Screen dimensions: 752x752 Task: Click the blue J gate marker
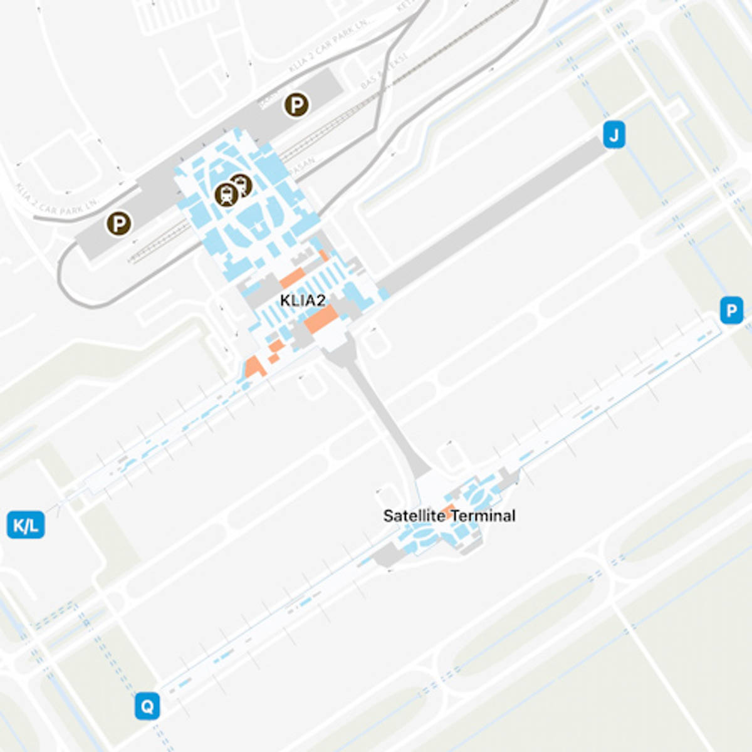pyautogui.click(x=614, y=135)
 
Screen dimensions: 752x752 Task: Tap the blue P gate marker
pyautogui.click(x=731, y=311)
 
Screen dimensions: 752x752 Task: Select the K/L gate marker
pyautogui.click(x=26, y=525)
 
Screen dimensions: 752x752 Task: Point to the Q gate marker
pyautogui.click(x=147, y=707)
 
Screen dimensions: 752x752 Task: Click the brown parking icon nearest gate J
pyautogui.click(x=296, y=105)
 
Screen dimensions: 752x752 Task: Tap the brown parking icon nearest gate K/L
pyautogui.click(x=118, y=223)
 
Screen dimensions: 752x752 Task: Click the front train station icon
pyautogui.click(x=226, y=195)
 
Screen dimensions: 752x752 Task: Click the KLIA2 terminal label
pyautogui.click(x=303, y=301)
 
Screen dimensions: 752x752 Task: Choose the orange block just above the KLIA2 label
pyautogui.click(x=291, y=278)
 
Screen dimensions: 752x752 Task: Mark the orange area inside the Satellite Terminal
pyautogui.click(x=449, y=509)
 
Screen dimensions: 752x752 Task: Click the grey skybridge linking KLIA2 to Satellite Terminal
pyautogui.click(x=382, y=414)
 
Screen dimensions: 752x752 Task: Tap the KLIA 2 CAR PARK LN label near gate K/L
pyautogui.click(x=56, y=199)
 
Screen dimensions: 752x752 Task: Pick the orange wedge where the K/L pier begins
pyautogui.click(x=254, y=367)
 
